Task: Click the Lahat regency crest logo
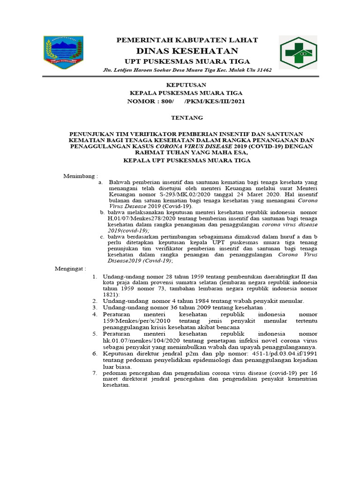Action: pos(63,52)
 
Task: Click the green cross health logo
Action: pos(298,52)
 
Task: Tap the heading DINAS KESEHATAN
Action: pos(187,51)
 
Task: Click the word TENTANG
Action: pos(187,117)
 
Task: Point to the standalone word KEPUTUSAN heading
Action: pos(187,85)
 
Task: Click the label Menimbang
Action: pos(80,176)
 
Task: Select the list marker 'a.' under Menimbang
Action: pos(100,182)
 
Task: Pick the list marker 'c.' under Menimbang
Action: pos(102,237)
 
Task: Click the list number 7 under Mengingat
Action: pos(94,373)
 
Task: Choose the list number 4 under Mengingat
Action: pos(94,314)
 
